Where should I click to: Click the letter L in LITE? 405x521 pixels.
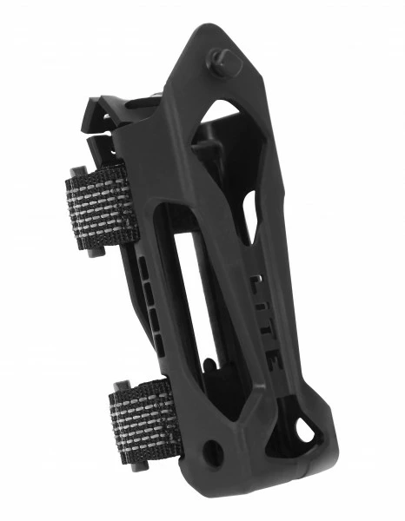(x=257, y=282)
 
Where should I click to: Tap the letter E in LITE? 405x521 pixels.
(x=274, y=360)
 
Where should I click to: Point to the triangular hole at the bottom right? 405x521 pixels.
(x=305, y=431)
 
